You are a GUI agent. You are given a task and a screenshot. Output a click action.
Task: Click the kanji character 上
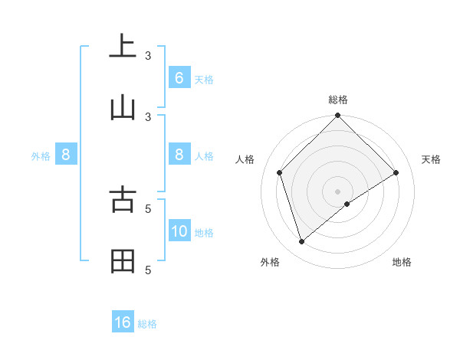click(x=123, y=47)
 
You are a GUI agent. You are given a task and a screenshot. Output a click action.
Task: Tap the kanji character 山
click(x=123, y=107)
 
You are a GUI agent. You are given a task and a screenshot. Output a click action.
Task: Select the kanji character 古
click(x=123, y=199)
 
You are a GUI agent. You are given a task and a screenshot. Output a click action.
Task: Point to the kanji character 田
click(x=123, y=261)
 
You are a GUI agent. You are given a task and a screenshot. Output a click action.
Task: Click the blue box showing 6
click(x=179, y=77)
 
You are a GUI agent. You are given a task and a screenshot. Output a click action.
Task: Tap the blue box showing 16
click(x=123, y=322)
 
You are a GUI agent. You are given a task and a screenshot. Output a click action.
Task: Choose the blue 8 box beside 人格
click(x=179, y=154)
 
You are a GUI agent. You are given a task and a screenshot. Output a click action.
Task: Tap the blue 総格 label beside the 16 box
click(x=147, y=324)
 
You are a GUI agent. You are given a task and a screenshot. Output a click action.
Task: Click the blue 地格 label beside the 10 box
click(x=204, y=232)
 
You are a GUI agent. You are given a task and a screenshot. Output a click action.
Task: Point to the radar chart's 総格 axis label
click(x=338, y=100)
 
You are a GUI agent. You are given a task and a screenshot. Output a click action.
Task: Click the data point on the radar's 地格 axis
click(x=347, y=204)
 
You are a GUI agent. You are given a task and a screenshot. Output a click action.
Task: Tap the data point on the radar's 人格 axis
click(x=280, y=172)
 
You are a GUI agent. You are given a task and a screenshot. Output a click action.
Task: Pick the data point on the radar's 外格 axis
click(x=302, y=242)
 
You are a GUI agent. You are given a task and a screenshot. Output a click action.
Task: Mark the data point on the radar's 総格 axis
click(x=338, y=116)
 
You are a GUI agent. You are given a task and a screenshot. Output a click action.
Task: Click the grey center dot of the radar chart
click(x=338, y=191)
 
